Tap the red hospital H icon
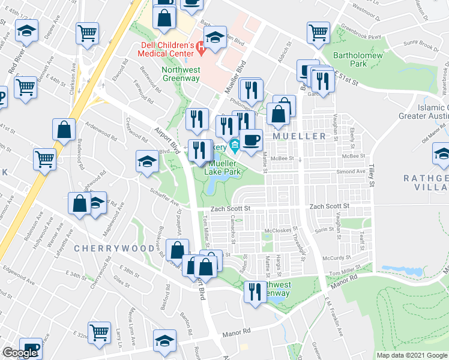[201, 47]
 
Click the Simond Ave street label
[351, 172]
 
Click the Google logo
[20, 353]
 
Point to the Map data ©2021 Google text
[411, 355]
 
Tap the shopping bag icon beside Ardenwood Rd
[64, 128]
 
